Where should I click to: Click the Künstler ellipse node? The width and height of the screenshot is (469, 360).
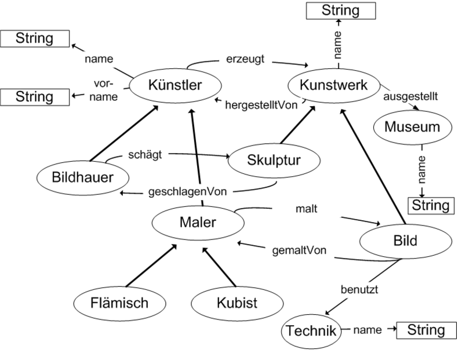pyautogui.click(x=174, y=86)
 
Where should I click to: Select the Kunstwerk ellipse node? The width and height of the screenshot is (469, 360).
pyautogui.click(x=333, y=85)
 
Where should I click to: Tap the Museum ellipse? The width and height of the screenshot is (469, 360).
pyautogui.click(x=412, y=127)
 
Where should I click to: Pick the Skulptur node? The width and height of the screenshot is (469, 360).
pyautogui.click(x=274, y=161)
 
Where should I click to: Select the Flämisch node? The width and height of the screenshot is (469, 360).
pyautogui.click(x=119, y=303)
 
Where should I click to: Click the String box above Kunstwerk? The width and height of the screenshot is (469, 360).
pyautogui.click(x=340, y=10)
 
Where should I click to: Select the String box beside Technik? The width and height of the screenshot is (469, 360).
pyautogui.click(x=426, y=330)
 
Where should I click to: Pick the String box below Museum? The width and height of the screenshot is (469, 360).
pyautogui.click(x=430, y=205)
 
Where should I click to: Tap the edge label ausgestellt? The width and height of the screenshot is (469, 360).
pyautogui.click(x=410, y=95)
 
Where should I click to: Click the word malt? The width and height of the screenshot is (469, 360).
pyautogui.click(x=306, y=209)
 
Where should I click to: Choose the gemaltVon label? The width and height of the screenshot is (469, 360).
pyautogui.click(x=299, y=250)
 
